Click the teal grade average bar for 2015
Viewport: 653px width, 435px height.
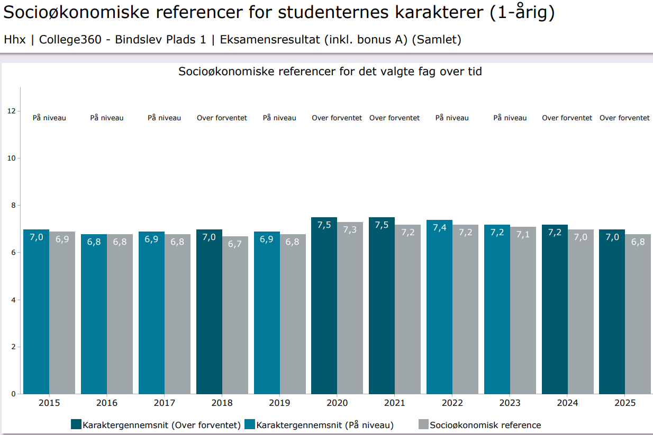pyautogui.click(x=36, y=313)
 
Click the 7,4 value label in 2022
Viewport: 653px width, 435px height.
pyautogui.click(x=439, y=228)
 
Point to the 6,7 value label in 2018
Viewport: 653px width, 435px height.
pyautogui.click(x=235, y=244)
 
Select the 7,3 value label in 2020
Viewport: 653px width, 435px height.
pyautogui.click(x=350, y=230)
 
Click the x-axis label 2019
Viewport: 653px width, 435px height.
pyautogui.click(x=279, y=403)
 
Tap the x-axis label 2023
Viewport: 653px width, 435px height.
pyautogui.click(x=510, y=403)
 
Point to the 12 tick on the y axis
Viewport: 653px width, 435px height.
pyautogui.click(x=11, y=111)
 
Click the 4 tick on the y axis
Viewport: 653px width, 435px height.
pyautogui.click(x=12, y=300)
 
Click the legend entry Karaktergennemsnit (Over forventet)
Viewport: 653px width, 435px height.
pyautogui.click(x=161, y=425)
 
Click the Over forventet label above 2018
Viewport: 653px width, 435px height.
pyautogui.click(x=222, y=118)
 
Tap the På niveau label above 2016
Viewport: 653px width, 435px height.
pyautogui.click(x=107, y=118)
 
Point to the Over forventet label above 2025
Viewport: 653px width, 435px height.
pyautogui.click(x=624, y=118)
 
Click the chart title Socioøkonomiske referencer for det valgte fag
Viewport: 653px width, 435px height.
pyautogui.click(x=330, y=71)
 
